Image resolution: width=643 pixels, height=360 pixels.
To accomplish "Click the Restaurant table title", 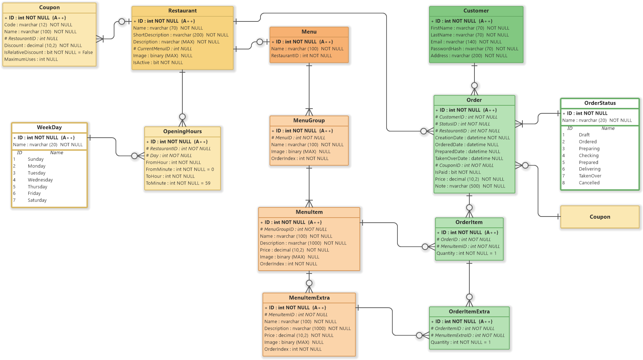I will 182,11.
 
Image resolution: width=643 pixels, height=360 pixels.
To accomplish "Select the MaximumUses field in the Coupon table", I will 31,59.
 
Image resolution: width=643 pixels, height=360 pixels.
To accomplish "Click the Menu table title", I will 309,32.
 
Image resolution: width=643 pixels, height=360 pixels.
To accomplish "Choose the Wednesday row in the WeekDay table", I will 40,180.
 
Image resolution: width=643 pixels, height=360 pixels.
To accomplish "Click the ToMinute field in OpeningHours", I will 178,183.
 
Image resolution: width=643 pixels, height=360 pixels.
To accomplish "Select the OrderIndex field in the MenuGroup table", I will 300,158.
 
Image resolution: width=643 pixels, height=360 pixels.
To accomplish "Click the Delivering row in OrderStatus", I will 589,169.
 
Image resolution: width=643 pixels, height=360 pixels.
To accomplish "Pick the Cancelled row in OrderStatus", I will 589,183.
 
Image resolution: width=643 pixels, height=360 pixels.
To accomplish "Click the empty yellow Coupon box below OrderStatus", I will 599,217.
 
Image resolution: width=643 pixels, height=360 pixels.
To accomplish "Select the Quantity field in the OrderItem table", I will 466,253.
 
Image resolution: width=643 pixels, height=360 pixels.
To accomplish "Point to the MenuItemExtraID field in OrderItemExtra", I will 468,335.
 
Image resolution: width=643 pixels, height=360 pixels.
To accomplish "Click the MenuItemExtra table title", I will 309,298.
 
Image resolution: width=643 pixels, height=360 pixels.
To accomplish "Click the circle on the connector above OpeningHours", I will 182,117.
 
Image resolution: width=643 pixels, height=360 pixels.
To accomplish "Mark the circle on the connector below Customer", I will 474,86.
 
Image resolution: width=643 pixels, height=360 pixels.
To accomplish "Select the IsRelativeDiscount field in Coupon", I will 48,52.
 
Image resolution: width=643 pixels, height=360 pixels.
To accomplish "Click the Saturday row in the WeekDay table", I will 37,200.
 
